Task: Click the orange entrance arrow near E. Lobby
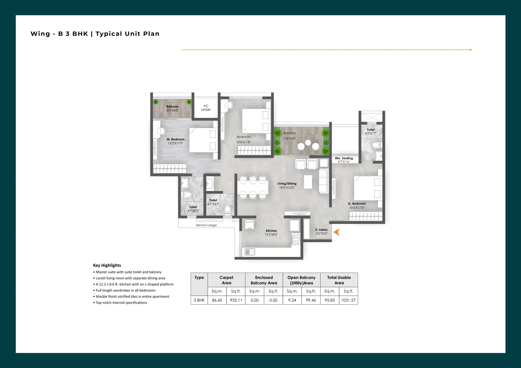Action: [x=337, y=232]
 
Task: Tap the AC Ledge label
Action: [x=206, y=108]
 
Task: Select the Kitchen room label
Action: [x=271, y=231]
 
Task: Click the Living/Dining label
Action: [x=287, y=184]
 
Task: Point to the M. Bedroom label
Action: [x=176, y=139]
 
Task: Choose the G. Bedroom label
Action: [x=357, y=204]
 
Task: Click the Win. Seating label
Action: [x=344, y=158]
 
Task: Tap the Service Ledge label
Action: [x=206, y=225]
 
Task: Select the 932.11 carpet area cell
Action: [x=236, y=300]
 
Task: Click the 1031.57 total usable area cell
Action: [x=349, y=300]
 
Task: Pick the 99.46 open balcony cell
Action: [x=311, y=300]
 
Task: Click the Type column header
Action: [x=199, y=278]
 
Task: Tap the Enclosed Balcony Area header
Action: [x=264, y=280]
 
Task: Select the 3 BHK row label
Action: [x=199, y=300]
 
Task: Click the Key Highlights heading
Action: [x=107, y=265]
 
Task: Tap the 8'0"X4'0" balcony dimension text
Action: [x=172, y=111]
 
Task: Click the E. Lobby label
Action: [x=322, y=230]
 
